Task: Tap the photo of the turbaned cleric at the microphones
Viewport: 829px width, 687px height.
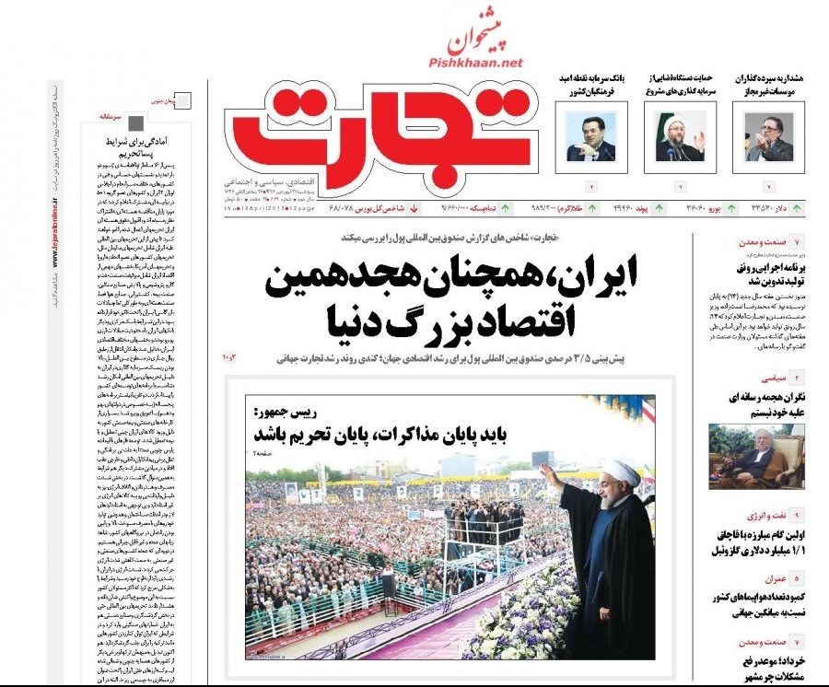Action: (x=680, y=137)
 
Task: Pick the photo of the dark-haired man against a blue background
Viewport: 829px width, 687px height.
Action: (x=590, y=137)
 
